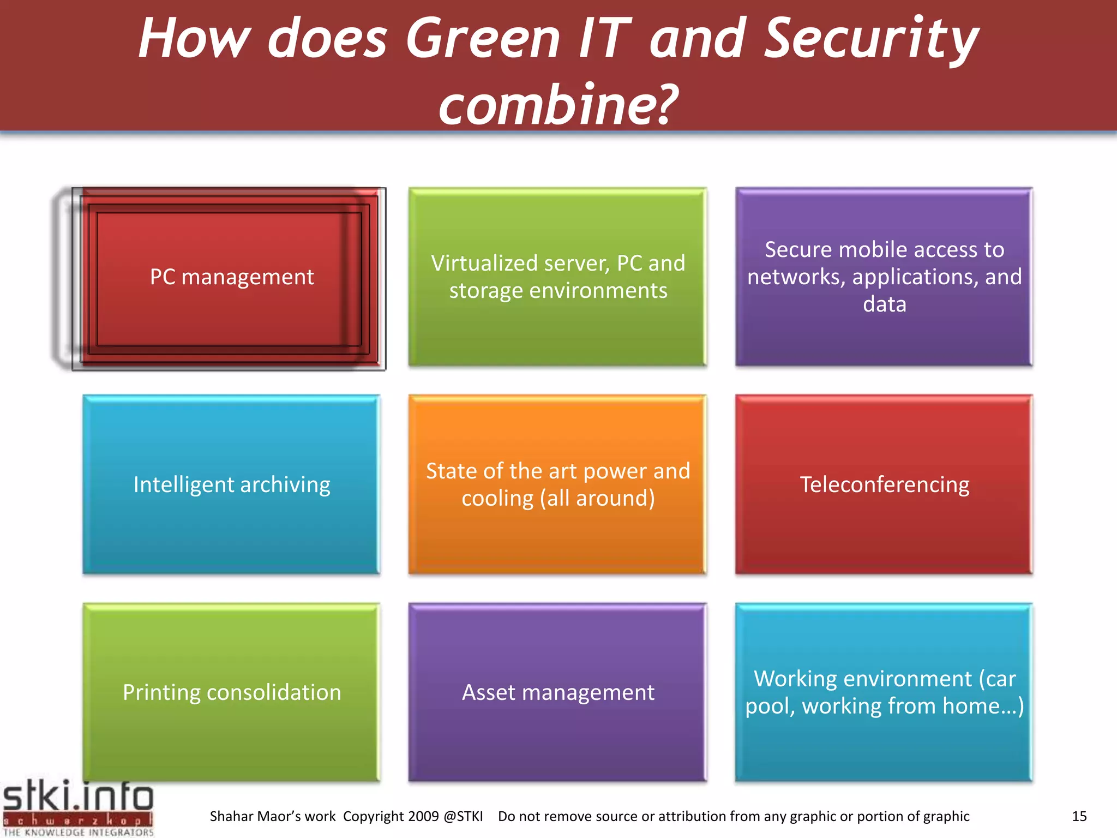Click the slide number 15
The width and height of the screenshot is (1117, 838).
pos(1079,816)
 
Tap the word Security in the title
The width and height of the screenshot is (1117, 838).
pos(871,39)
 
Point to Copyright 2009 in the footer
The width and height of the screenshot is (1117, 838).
pos(391,816)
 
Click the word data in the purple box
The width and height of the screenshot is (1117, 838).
pos(884,304)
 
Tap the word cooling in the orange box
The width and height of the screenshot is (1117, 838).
pos(497,498)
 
